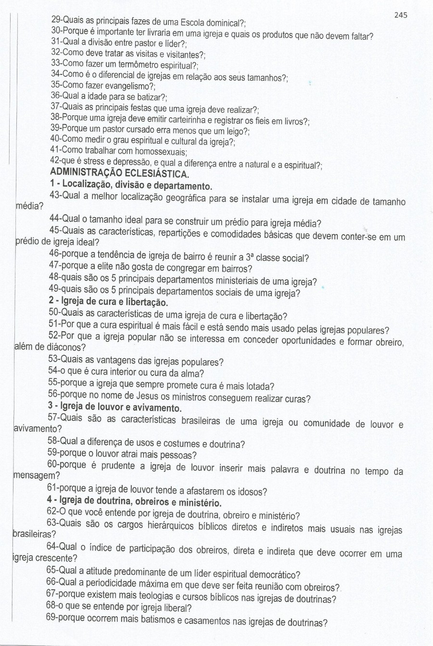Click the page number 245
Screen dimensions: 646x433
point(400,15)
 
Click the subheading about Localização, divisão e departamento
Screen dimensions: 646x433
point(130,186)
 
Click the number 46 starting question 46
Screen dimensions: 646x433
point(54,258)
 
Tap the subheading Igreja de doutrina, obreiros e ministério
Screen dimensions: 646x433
point(134,503)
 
